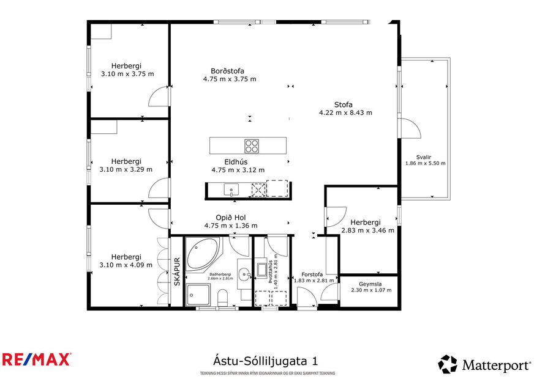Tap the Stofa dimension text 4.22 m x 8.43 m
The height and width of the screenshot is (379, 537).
[x=345, y=112]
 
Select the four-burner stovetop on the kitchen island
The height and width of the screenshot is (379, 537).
[x=252, y=146]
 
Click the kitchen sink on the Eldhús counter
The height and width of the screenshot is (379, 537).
[x=231, y=189]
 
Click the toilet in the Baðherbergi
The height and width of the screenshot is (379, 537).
[x=222, y=299]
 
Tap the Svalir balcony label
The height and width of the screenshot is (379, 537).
[x=424, y=155]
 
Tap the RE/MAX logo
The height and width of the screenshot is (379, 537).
[x=36, y=359]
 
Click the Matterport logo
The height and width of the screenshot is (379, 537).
[x=484, y=365]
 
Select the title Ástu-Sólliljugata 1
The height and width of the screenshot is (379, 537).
[x=265, y=361]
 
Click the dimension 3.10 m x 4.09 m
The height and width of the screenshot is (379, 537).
[x=126, y=265]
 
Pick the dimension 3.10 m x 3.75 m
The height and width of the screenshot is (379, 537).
[x=127, y=74]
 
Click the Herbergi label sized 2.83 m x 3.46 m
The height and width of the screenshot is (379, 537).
[x=366, y=223]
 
